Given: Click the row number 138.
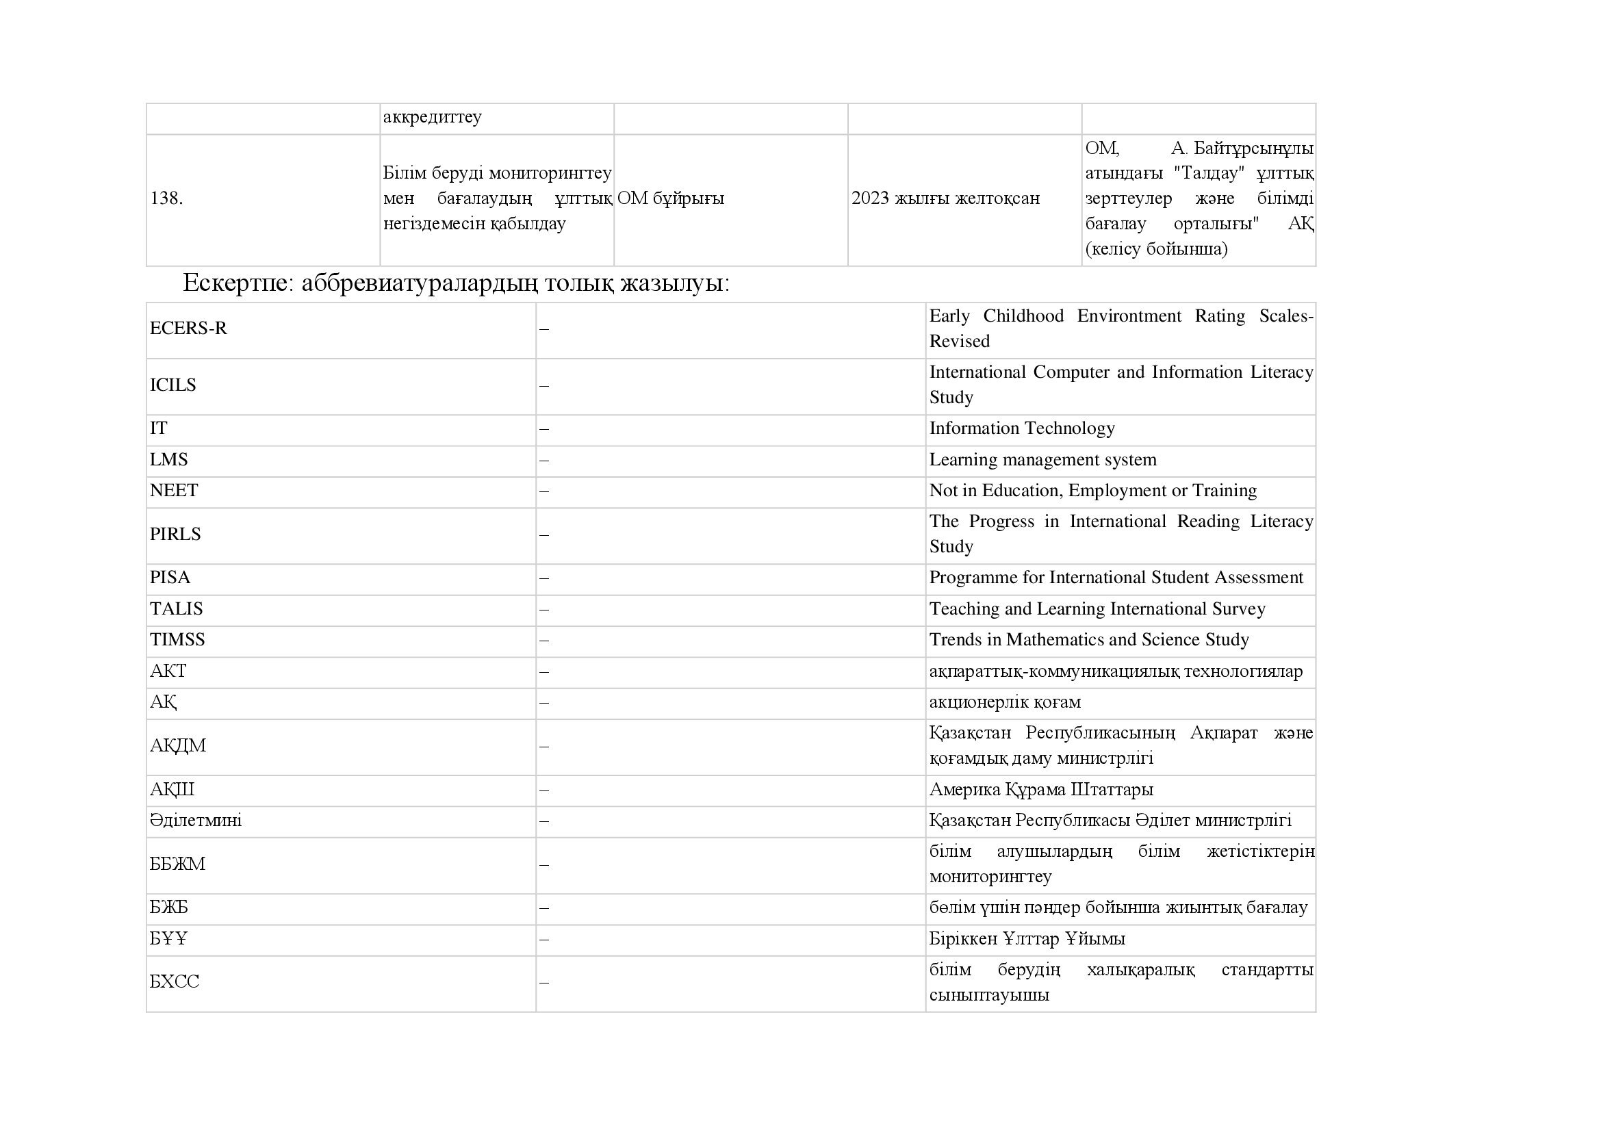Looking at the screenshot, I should [166, 198].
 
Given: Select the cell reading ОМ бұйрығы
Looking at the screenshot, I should [670, 198].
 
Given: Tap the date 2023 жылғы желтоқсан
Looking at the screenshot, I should [945, 198].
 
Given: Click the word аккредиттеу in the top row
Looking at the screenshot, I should [432, 117].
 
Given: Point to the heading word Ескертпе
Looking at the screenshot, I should [234, 283].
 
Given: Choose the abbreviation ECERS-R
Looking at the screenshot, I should [188, 329].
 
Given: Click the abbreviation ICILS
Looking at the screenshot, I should [173, 385].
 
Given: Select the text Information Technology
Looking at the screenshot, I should [1021, 428].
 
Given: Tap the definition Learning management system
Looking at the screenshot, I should [1042, 460].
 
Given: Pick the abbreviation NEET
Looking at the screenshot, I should [174, 491].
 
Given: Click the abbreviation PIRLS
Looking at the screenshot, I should [175, 535].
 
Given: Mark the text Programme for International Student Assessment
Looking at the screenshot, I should [1116, 578].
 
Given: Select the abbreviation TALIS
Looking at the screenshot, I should [176, 609].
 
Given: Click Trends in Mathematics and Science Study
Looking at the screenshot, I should [1088, 640].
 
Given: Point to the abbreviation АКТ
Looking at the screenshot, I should [168, 671].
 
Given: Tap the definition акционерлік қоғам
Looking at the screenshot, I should [1005, 703].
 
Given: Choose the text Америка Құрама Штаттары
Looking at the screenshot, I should [1041, 790].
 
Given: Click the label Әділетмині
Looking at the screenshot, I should [195, 821].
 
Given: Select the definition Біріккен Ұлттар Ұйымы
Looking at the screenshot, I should [1027, 939].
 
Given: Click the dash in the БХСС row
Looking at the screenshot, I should [544, 983].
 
